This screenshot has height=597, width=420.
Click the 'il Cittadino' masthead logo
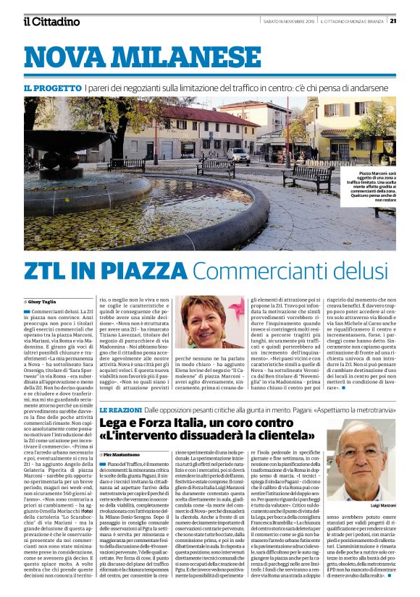(51, 21)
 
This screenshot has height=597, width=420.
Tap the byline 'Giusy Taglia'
(46, 300)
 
